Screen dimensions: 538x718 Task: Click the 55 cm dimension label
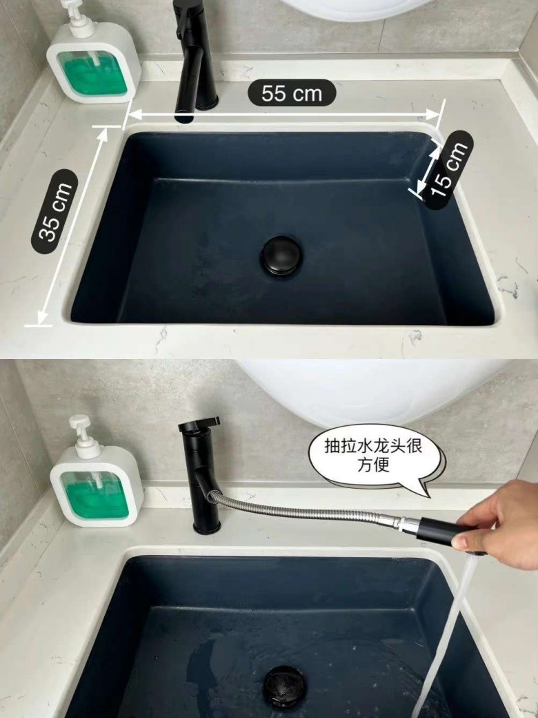tap(292, 93)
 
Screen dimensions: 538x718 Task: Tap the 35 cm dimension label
tap(54, 211)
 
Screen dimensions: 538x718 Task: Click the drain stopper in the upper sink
tap(282, 255)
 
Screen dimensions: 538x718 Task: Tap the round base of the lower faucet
tap(207, 528)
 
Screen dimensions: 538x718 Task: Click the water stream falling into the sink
tap(446, 637)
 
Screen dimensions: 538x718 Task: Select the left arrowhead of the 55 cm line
tap(134, 115)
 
